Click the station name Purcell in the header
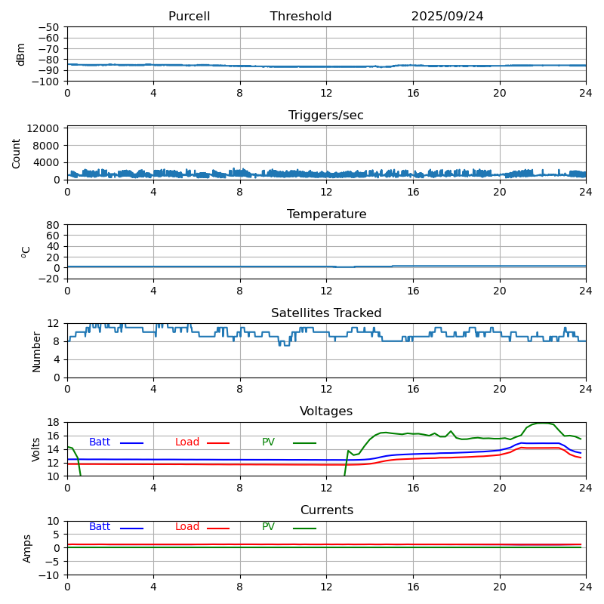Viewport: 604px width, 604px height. point(189,17)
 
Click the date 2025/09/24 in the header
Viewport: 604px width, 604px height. point(447,17)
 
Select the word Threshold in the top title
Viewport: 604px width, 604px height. point(300,17)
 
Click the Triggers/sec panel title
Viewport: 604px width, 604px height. point(326,116)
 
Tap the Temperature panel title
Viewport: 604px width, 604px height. point(326,214)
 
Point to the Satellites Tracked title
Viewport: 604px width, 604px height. point(326,313)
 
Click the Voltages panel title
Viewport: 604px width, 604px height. point(326,411)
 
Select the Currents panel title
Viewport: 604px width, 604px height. point(326,510)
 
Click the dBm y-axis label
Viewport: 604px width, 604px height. point(21,54)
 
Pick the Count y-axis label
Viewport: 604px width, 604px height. point(17,153)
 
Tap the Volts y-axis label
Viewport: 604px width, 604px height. point(36,449)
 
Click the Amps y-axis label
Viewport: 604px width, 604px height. point(27,548)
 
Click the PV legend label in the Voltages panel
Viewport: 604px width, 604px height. point(270,442)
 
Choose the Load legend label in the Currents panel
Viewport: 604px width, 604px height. point(187,527)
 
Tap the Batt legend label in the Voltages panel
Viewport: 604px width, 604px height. point(100,442)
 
